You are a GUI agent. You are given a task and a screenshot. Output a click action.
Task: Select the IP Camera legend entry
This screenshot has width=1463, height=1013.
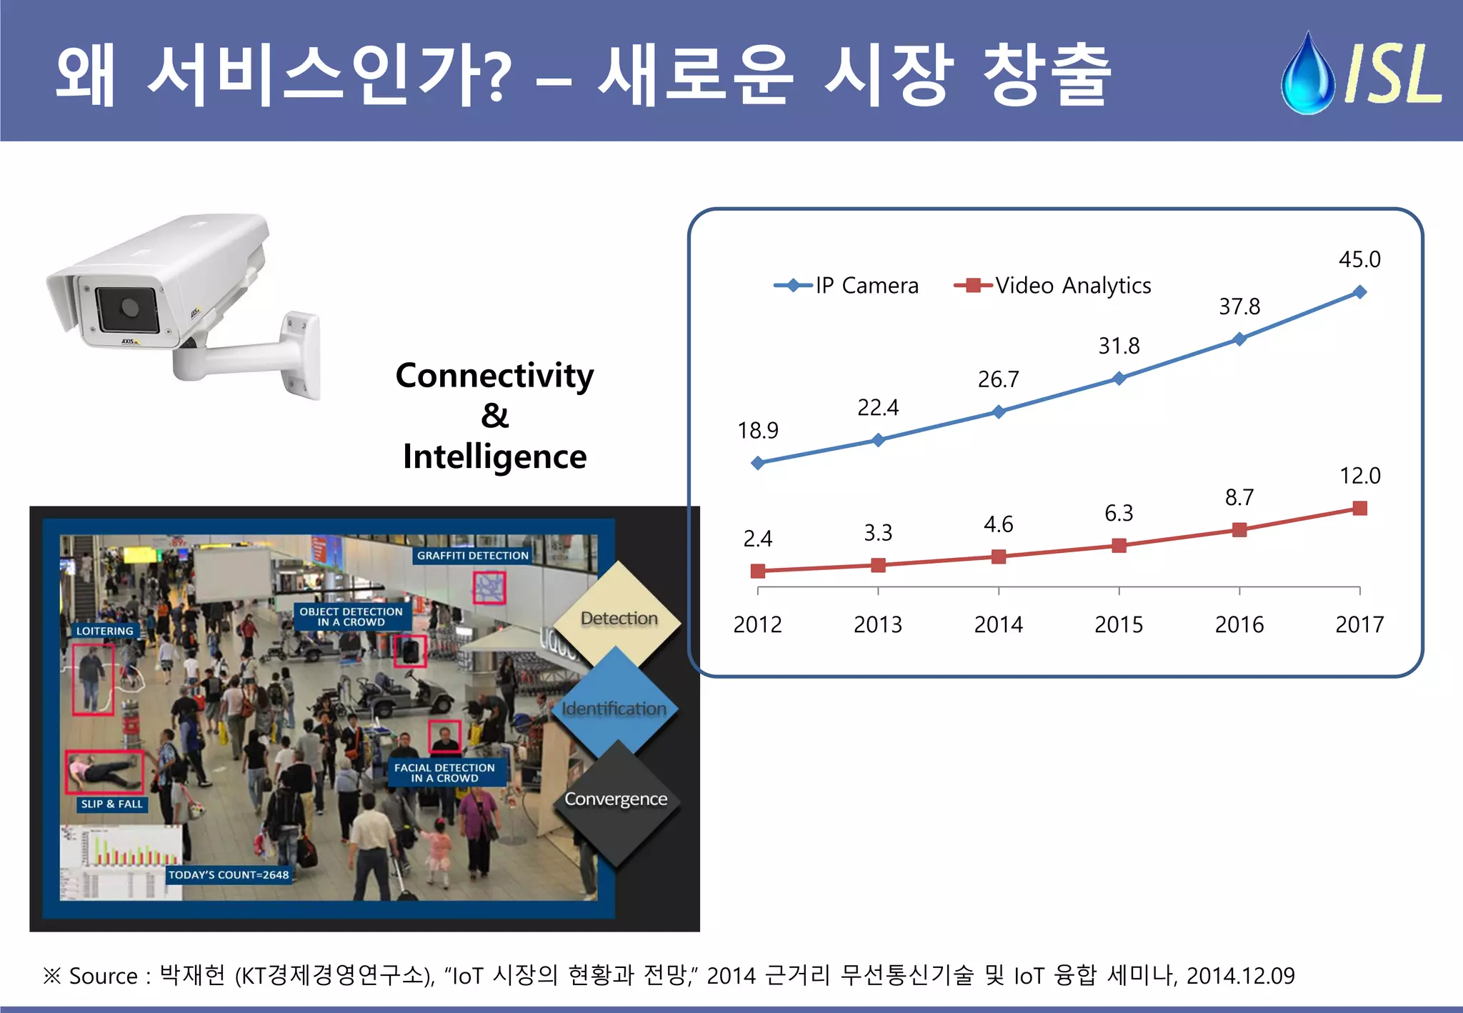point(847,286)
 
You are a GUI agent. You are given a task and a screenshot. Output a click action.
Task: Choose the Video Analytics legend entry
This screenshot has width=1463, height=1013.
point(1053,286)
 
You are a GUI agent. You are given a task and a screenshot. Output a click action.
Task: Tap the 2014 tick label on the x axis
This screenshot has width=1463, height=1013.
point(998,625)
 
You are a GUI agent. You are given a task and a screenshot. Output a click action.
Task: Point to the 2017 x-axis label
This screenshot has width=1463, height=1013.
point(1359,625)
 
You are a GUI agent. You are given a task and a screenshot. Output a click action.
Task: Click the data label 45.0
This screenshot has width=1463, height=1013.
point(1359,259)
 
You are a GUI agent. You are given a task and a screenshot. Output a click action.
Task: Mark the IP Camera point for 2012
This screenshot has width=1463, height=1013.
point(758,463)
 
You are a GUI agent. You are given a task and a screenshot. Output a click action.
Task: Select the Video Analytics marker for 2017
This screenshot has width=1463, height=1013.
point(1360,509)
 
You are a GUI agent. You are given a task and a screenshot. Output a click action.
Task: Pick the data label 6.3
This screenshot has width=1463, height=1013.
point(1119,513)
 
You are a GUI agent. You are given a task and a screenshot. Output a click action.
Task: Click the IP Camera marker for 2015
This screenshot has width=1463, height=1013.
point(1119,378)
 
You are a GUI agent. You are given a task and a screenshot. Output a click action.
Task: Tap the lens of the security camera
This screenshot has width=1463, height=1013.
point(129,307)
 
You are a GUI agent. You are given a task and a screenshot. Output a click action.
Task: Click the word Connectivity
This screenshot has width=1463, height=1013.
point(494,376)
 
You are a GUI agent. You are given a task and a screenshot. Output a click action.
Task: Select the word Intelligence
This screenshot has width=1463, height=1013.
point(494,457)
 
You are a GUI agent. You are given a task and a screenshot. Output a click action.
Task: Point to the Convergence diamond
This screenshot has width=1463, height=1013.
point(616,799)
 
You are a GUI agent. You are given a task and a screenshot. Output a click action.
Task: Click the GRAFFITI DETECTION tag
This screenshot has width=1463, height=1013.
point(472,556)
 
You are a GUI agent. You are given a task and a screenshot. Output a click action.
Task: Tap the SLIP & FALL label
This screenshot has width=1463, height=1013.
point(111,804)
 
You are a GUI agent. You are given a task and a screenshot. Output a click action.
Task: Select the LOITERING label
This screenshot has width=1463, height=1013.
point(105,631)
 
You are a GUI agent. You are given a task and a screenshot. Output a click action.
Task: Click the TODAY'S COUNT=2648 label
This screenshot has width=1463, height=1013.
point(229,875)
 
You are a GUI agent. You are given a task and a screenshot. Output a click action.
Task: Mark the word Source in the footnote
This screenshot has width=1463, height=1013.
point(103,976)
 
